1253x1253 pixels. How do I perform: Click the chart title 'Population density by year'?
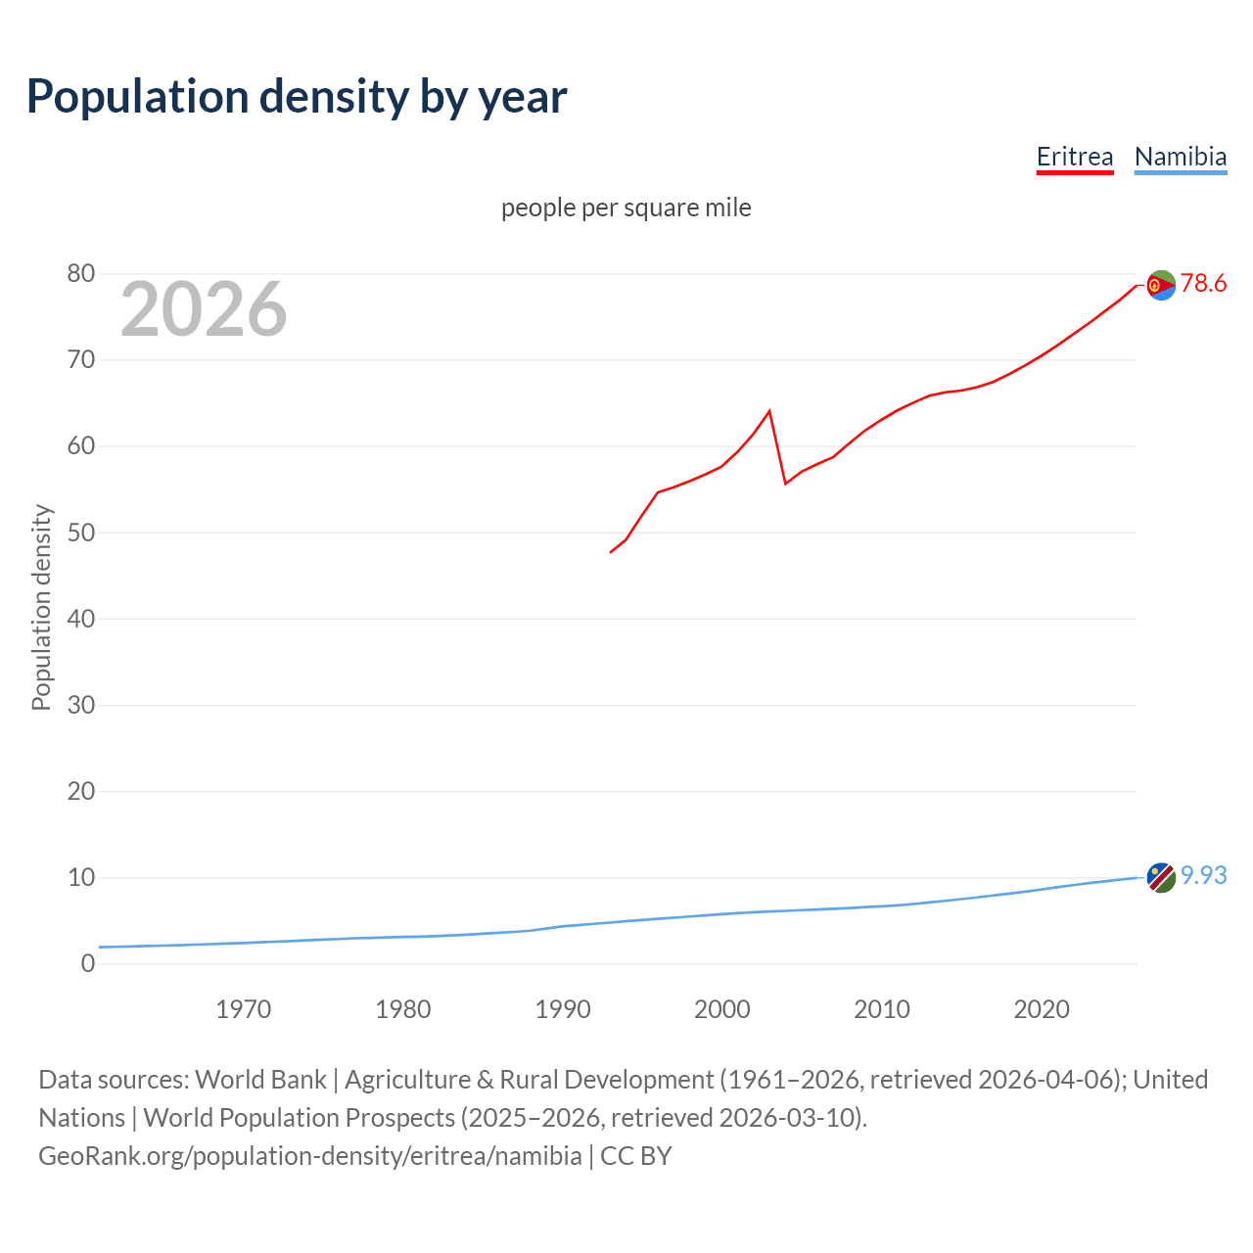(x=297, y=97)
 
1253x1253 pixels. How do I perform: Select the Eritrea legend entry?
(x=1075, y=157)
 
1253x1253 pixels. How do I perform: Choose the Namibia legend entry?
(x=1180, y=157)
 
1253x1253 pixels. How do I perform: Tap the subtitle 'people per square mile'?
(x=626, y=208)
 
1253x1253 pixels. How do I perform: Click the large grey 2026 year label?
(x=204, y=309)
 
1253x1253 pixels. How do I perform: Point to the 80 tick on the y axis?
(x=81, y=274)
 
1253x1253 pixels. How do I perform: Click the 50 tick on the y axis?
(x=81, y=533)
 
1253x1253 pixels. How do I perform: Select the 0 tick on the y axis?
(x=88, y=963)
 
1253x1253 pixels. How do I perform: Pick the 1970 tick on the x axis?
(x=243, y=1008)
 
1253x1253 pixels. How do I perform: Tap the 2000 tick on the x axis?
(x=721, y=1008)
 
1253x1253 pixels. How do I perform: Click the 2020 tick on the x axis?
(x=1041, y=1008)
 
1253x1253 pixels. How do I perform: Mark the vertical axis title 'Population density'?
(x=41, y=607)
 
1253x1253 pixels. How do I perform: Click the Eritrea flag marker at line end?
(x=1160, y=285)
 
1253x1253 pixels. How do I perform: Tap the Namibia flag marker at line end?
(x=1160, y=877)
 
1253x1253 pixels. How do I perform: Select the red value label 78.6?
(x=1203, y=284)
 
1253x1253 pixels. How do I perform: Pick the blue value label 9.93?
(x=1203, y=875)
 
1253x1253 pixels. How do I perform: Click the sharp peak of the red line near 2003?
(x=769, y=411)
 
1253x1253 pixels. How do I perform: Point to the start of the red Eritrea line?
(x=611, y=552)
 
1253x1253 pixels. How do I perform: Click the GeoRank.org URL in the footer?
(x=310, y=1155)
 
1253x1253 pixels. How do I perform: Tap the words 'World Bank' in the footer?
(x=260, y=1079)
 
